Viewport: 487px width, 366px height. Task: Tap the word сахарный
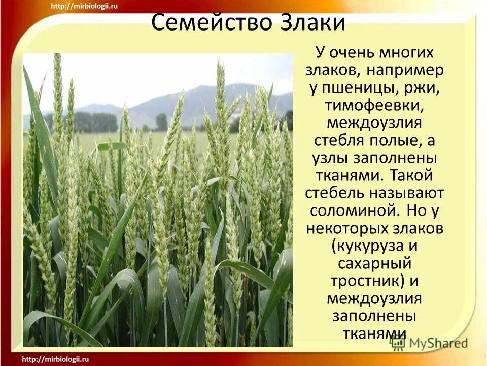click(x=374, y=263)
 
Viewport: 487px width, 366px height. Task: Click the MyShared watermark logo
click(x=429, y=343)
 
